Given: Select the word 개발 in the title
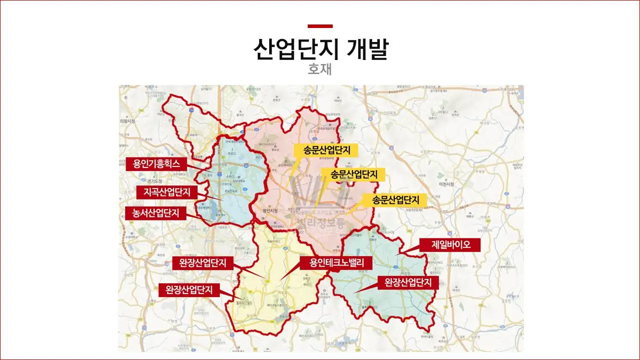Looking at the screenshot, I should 370,48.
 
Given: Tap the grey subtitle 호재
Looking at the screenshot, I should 320,69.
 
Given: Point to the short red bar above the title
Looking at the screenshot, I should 320,26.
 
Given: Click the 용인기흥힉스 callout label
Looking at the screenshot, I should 156,163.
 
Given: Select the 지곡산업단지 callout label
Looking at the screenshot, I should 167,192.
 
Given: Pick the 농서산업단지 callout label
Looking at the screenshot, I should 156,213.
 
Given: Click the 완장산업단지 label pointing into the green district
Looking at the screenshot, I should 408,282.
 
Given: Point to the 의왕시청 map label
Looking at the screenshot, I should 128,121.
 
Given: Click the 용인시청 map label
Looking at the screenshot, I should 269,211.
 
